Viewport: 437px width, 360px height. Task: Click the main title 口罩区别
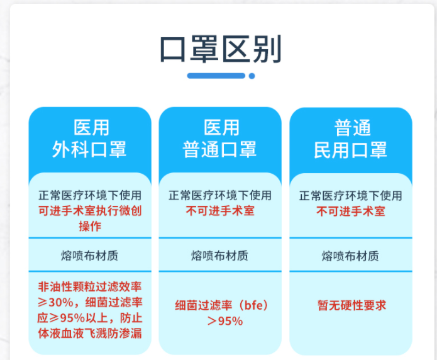click(x=221, y=49)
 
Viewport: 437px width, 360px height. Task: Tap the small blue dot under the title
click(x=252, y=76)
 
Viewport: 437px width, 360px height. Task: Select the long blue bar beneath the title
click(x=216, y=76)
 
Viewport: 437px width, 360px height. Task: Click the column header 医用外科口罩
click(x=90, y=138)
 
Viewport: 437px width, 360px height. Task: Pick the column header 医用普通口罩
click(x=220, y=138)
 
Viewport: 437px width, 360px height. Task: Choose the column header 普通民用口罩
click(x=351, y=138)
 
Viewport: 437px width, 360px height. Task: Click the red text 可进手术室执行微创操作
click(x=90, y=218)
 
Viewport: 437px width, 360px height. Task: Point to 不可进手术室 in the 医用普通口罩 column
click(x=220, y=211)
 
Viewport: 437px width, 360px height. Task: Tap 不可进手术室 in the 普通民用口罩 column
click(x=351, y=211)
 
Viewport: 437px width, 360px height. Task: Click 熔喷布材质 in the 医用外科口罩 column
click(x=90, y=256)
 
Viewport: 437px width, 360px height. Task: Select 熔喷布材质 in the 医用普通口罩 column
click(x=220, y=256)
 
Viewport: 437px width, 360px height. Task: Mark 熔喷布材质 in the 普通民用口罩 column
click(x=351, y=256)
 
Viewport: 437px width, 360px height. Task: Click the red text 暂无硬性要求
click(x=351, y=305)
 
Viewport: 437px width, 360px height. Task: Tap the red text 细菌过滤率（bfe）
click(x=222, y=305)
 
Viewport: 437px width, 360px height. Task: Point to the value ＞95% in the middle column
click(x=225, y=321)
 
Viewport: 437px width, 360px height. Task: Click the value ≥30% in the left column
click(x=56, y=303)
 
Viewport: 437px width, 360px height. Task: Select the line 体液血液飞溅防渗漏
click(x=90, y=334)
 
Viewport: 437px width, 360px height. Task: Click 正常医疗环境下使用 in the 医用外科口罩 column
click(x=90, y=195)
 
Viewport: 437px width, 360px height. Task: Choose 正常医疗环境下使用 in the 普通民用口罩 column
click(x=351, y=196)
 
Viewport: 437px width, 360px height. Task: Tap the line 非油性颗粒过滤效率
click(x=90, y=287)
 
